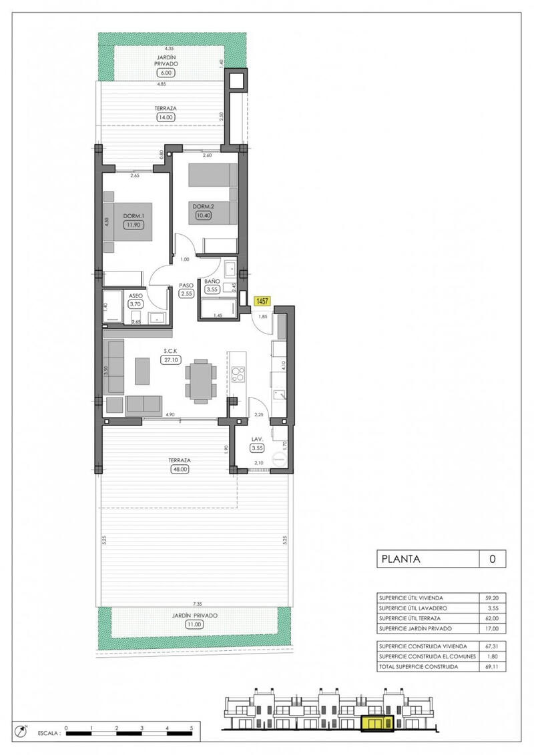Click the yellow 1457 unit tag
point(263,301)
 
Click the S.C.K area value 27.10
point(170,359)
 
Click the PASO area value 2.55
point(186,293)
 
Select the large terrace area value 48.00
point(180,469)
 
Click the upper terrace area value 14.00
point(164,117)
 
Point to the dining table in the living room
point(200,382)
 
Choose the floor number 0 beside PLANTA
point(493,559)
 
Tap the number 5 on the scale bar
point(192,728)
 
